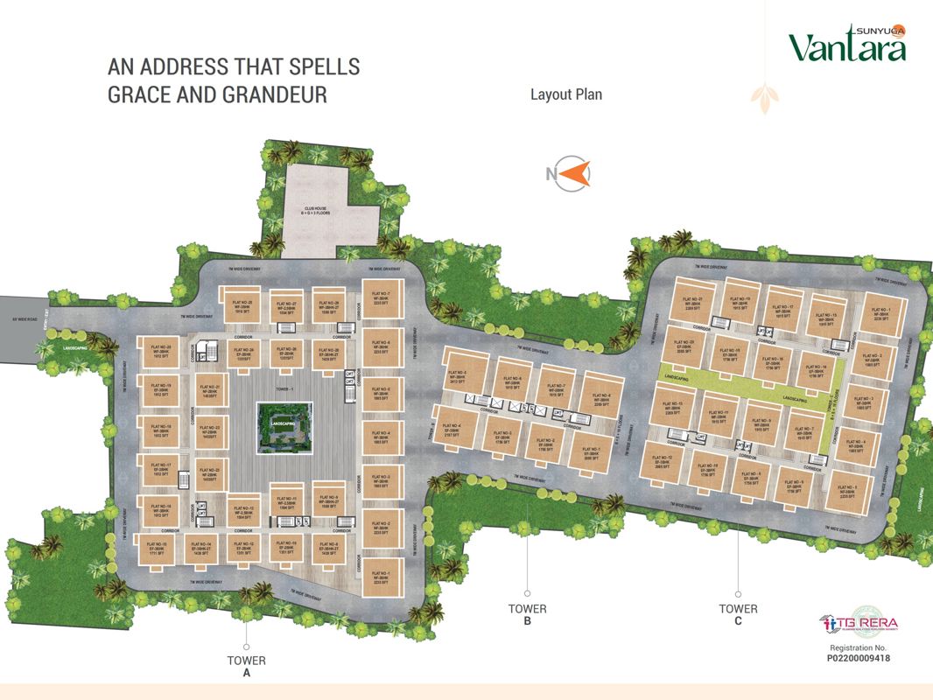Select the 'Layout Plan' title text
[566, 94]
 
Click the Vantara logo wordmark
[846, 45]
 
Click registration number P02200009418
[859, 657]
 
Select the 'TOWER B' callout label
[527, 615]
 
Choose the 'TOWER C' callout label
[738, 615]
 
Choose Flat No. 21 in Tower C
[689, 304]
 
